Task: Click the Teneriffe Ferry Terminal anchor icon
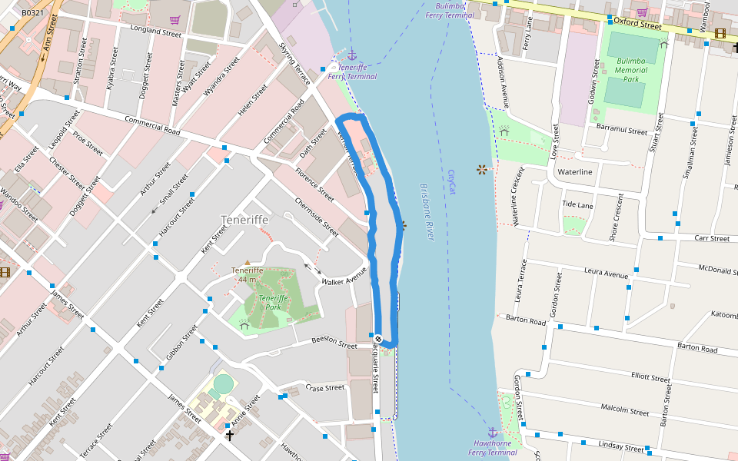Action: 352,55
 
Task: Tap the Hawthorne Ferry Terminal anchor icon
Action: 493,433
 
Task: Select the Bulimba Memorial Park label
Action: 631,70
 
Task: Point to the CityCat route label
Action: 452,182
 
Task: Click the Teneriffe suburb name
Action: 244,220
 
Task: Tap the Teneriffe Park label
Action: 273,302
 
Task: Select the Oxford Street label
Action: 637,25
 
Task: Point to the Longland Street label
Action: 155,32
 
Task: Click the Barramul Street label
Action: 622,131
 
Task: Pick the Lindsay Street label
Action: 620,447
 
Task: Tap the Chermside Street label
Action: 317,218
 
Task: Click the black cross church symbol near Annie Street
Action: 229,436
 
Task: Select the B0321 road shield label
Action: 32,13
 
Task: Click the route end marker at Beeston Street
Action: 378,338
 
